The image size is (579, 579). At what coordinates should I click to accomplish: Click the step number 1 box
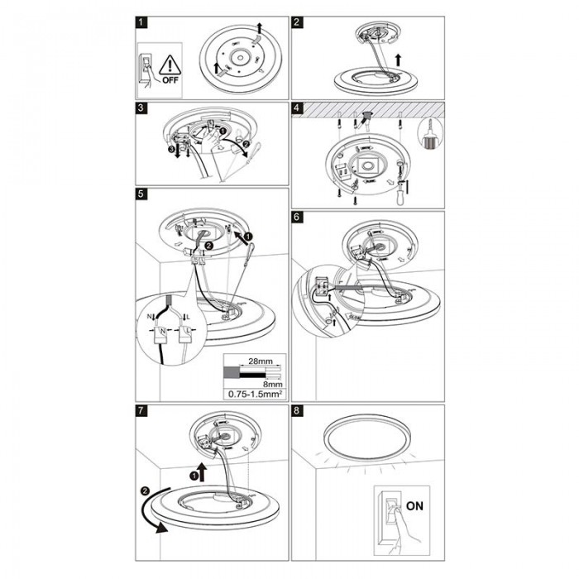pos(141,22)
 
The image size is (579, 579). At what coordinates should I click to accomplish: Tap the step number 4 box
pos(297,108)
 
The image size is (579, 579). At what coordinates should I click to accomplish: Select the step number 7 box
pos(141,410)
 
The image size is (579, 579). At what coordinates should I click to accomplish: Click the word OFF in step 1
pos(170,80)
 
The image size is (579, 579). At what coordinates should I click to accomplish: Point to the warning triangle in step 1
pos(170,65)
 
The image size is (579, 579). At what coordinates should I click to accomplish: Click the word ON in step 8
pos(414,505)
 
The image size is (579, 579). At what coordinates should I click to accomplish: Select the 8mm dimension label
pos(275,384)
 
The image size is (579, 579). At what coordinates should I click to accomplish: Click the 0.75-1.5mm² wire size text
pos(255,394)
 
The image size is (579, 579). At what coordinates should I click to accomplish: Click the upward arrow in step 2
pos(398,60)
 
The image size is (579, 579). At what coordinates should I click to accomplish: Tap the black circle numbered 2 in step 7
pos(145,490)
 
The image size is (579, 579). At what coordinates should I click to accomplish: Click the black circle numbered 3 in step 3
pos(170,150)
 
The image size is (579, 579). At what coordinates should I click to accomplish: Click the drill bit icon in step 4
pos(429,134)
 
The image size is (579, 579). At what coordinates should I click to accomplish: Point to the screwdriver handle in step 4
pos(400,199)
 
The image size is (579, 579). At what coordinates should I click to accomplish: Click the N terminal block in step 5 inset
pos(162,334)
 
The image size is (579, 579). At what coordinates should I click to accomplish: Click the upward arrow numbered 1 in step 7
pos(203,471)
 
